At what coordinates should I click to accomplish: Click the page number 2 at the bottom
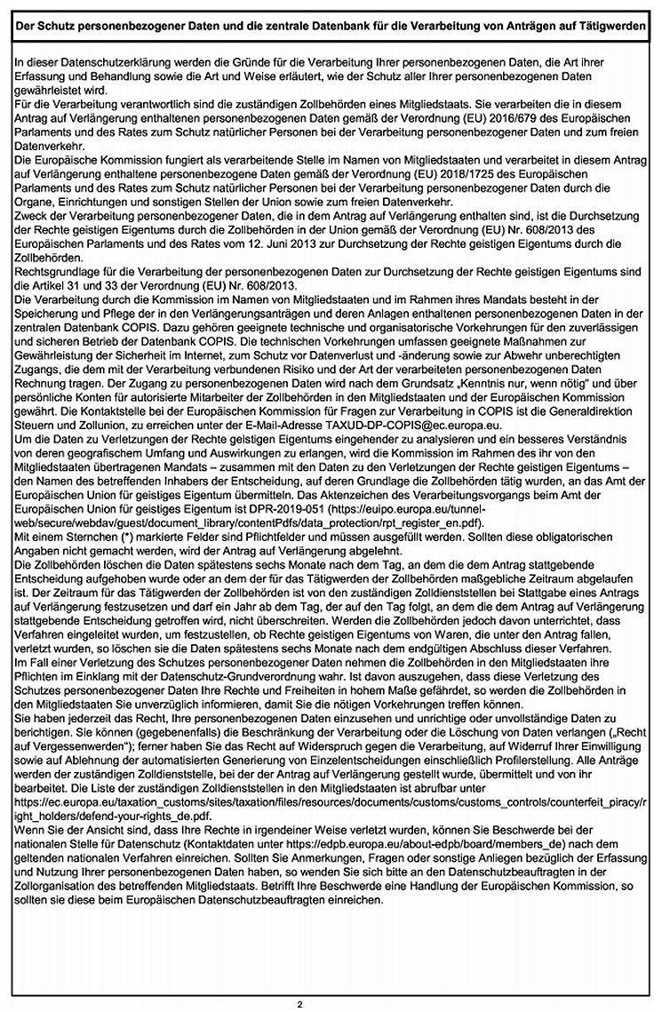299,1004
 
